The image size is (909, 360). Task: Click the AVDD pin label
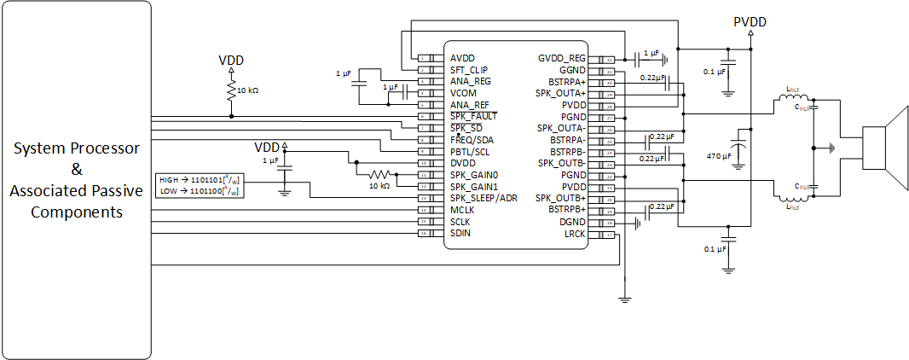point(464,58)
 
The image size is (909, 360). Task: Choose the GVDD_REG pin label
point(562,58)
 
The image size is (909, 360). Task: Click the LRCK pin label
point(574,233)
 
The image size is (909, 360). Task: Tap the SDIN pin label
point(462,233)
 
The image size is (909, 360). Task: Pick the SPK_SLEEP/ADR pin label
point(483,198)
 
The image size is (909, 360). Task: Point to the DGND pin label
point(571,221)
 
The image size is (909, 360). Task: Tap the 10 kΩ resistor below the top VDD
point(229,90)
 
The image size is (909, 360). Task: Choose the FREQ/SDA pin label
point(472,140)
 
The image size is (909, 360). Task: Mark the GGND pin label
point(571,70)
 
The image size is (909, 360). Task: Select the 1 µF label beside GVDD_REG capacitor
point(651,53)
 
